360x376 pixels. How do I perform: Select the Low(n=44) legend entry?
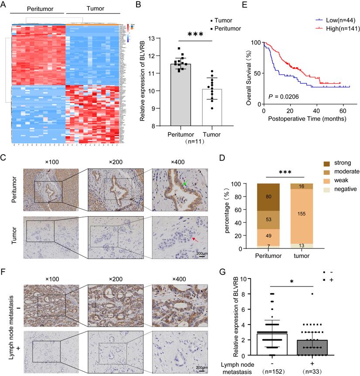pyautogui.click(x=334, y=20)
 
